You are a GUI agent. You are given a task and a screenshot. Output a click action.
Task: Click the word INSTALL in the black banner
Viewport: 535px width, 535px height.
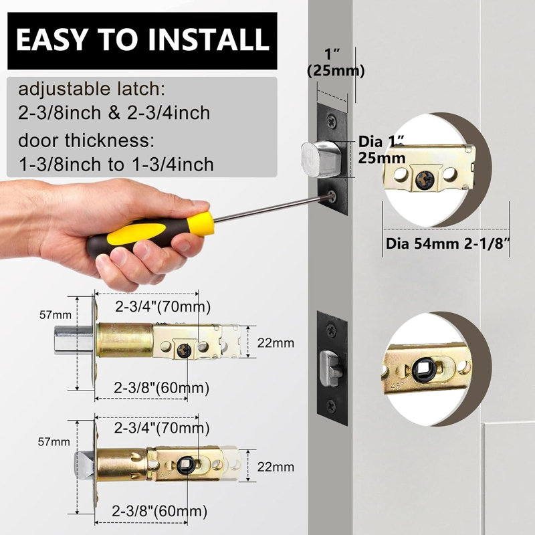pos(209,39)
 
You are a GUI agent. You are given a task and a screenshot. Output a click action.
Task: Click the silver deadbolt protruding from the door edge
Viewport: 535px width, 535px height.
pos(321,158)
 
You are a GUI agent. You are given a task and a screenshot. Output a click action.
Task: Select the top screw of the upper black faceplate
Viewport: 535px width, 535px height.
pos(332,121)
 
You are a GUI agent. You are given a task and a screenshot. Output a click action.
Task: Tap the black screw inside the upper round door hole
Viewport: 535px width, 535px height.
pos(425,179)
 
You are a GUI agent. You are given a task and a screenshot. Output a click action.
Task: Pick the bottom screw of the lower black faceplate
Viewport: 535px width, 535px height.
pos(331,406)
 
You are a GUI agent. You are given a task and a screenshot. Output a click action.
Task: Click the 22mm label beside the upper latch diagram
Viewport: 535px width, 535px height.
pos(276,342)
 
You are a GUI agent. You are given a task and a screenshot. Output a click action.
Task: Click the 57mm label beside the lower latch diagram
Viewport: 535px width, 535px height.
pos(54,442)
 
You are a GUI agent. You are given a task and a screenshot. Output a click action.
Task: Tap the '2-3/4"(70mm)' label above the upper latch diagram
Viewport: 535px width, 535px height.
pos(163,307)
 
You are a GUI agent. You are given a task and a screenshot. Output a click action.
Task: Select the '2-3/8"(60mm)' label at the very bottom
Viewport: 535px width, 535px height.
pos(160,511)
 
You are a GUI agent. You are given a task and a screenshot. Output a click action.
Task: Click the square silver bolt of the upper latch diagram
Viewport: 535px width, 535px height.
pos(74,340)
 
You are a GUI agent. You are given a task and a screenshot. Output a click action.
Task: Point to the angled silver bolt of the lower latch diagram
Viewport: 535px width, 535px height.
pos(84,465)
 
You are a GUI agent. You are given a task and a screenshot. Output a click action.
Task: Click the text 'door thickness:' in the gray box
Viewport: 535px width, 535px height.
pos(86,140)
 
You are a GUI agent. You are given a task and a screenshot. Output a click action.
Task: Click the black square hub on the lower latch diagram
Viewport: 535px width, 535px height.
pos(186,465)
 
